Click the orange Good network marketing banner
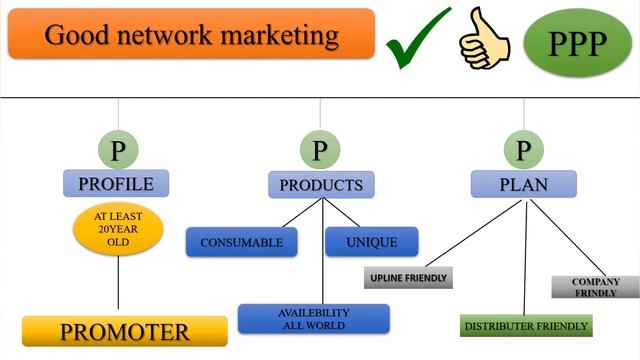coord(191,33)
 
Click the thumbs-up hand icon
coord(484,39)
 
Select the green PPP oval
coord(577,43)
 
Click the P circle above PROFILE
coord(118,150)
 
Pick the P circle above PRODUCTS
coord(320,150)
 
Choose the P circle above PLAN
coord(524,150)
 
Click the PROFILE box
coord(116,183)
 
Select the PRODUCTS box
coord(321,185)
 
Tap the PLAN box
coord(524,184)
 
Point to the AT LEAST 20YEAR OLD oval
coord(118,229)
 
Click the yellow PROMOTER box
coord(124,331)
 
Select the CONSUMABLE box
coord(242,242)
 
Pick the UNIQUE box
coord(372,242)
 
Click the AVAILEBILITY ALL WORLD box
coord(313,319)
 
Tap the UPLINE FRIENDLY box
coord(408,278)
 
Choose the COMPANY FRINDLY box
coord(596,287)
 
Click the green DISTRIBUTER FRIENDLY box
coord(526,325)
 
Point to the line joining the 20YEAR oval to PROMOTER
coord(118,282)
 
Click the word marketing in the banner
coord(280,36)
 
